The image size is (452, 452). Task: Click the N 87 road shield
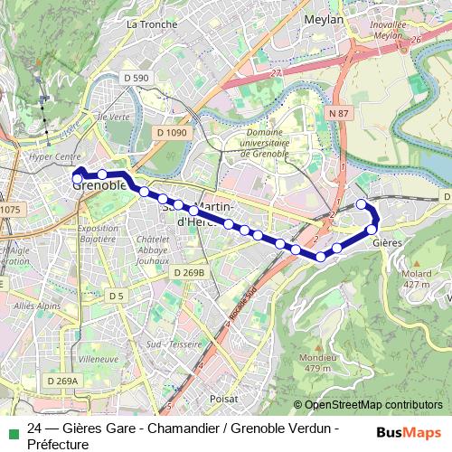coord(338,112)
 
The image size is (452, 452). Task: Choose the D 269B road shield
coord(188,272)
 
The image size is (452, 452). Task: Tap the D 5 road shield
coord(115,297)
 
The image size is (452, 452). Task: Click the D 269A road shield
coord(61,381)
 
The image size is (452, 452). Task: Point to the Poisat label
coord(223,399)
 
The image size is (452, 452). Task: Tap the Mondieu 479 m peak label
coord(319,363)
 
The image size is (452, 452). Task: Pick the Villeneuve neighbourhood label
coord(99,359)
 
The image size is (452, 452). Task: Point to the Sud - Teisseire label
coord(173,344)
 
